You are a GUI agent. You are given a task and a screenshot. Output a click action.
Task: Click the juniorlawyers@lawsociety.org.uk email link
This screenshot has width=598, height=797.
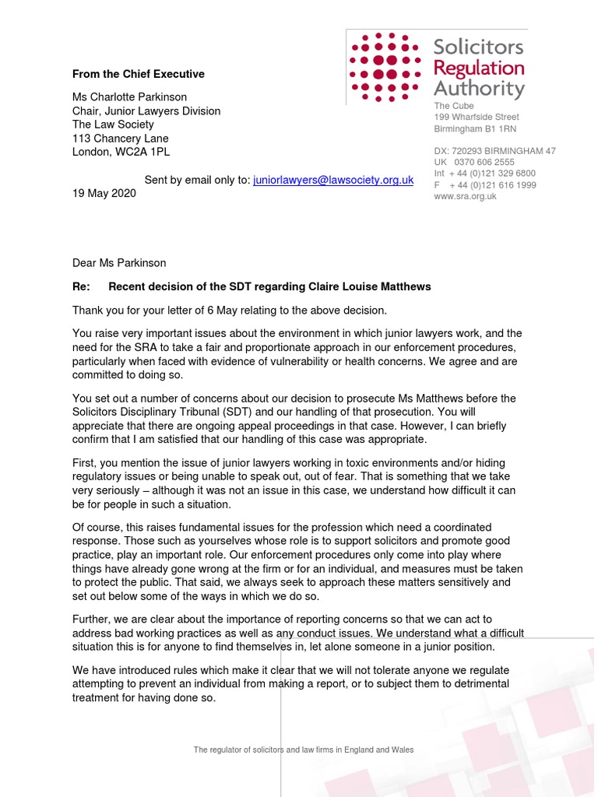point(333,180)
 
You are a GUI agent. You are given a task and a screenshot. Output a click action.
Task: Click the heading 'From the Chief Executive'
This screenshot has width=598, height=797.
point(139,74)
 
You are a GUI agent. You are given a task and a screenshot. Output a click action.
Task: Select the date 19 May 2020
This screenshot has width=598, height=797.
point(104,193)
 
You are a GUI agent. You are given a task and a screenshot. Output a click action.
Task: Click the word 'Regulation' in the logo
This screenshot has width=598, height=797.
point(479,68)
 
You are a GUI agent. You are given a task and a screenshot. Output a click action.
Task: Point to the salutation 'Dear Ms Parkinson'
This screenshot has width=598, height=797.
point(119,263)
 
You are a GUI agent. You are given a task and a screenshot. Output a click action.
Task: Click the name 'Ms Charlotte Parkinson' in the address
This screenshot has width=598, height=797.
point(129,98)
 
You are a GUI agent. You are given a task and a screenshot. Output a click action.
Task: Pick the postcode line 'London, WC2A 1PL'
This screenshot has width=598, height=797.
point(120,151)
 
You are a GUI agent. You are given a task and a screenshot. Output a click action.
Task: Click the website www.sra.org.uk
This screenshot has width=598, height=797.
point(465,196)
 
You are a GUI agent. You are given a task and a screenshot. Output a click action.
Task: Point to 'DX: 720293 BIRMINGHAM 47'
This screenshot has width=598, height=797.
point(494,150)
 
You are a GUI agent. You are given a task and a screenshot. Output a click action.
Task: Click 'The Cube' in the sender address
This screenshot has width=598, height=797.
point(454,106)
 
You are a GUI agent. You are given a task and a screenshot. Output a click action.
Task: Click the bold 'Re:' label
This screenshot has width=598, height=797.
point(82,287)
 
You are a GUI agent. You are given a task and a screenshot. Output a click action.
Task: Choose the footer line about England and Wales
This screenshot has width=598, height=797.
point(304,750)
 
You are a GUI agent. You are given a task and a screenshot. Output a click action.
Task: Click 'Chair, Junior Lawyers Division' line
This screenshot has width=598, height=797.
point(146,111)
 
